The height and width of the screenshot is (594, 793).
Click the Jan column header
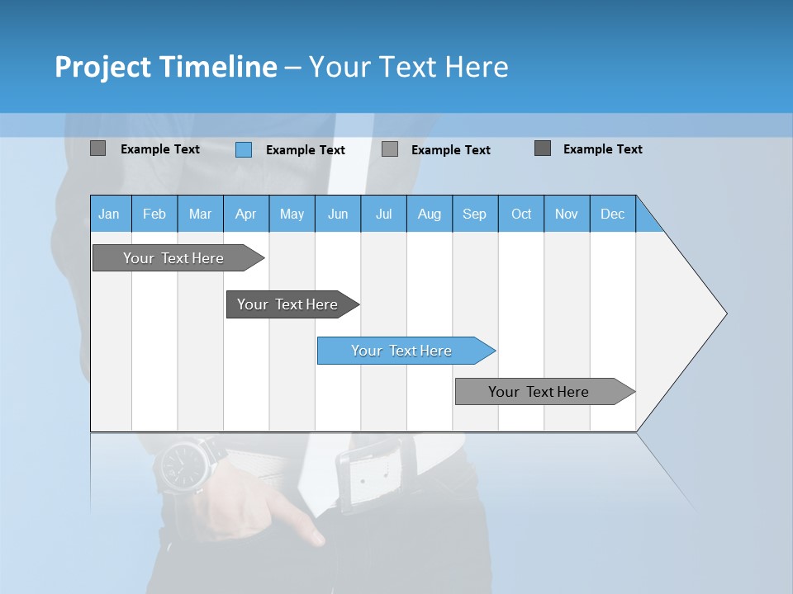[x=109, y=214]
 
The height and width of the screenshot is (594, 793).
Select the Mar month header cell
[x=200, y=214]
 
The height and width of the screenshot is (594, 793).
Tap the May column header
[x=292, y=214]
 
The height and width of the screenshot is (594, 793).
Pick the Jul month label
[x=383, y=214]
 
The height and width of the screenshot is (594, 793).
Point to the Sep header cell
[x=474, y=214]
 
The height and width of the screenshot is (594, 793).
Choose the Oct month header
[x=521, y=214]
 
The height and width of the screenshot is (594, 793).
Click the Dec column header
[x=612, y=214]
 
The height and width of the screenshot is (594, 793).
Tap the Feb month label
[x=154, y=214]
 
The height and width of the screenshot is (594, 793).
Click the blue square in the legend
[x=244, y=149]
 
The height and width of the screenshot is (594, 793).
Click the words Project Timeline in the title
[x=166, y=67]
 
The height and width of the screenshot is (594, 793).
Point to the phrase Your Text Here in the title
[x=408, y=67]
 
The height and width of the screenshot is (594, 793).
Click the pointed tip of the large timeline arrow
[x=724, y=313]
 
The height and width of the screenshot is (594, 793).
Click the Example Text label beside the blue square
[x=306, y=150]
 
